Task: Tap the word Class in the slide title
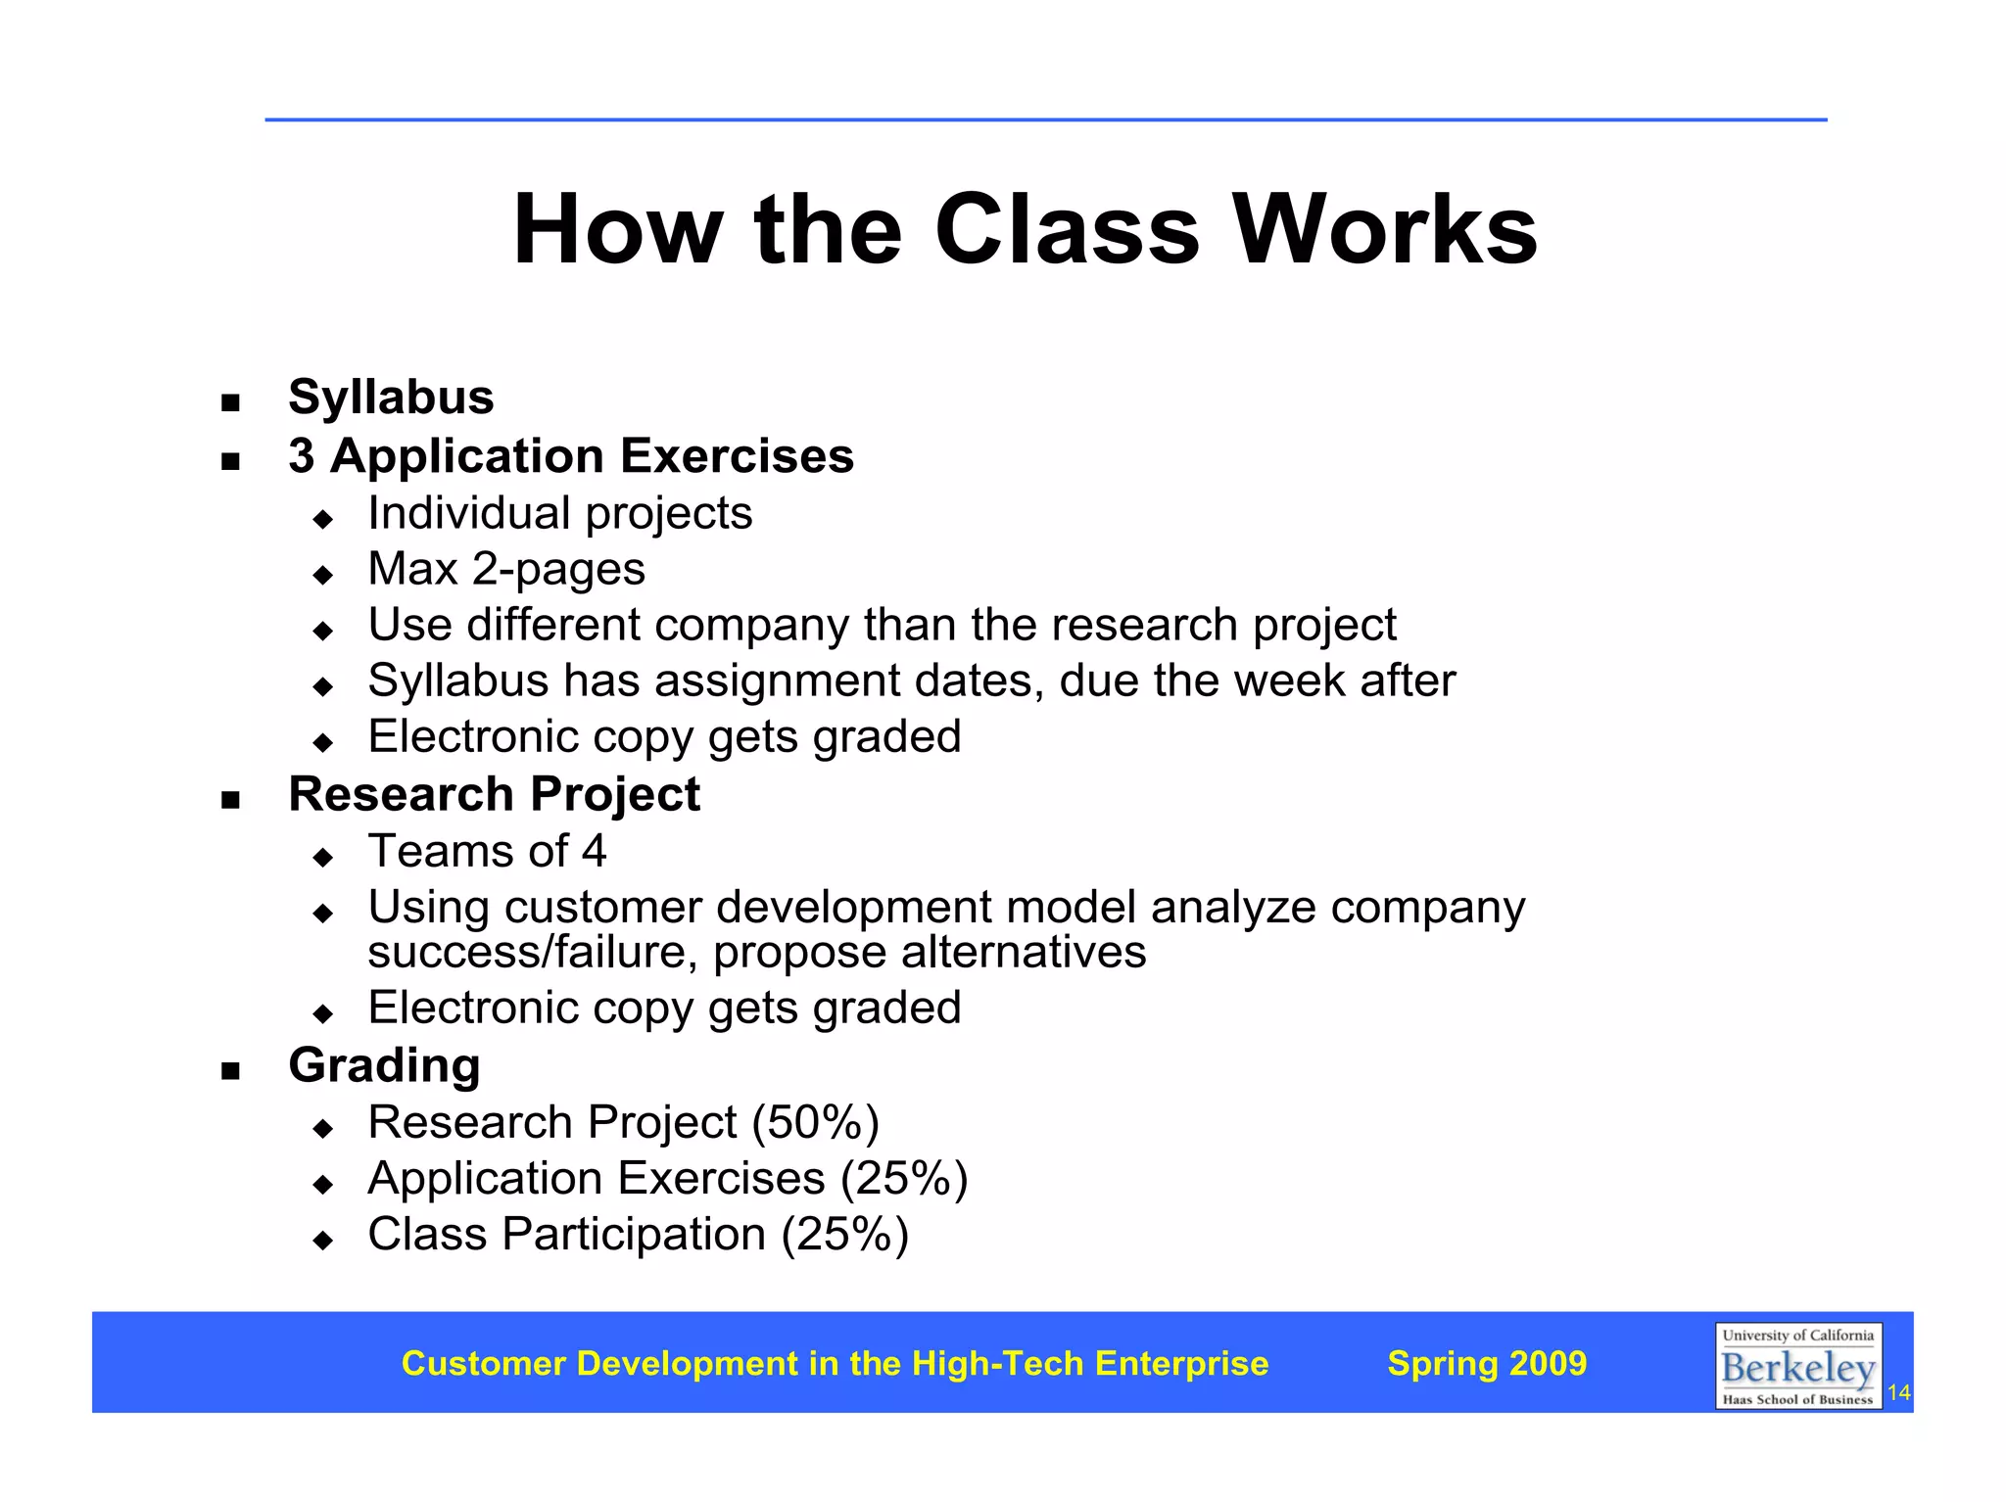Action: (x=1067, y=230)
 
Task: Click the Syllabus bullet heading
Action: (x=391, y=398)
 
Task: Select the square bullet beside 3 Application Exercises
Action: (x=230, y=461)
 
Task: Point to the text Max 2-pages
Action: (x=506, y=569)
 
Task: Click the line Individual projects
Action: (x=559, y=513)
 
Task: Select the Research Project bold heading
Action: (x=494, y=794)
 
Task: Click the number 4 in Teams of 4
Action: (x=594, y=851)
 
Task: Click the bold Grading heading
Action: (x=384, y=1065)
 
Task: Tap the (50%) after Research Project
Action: (x=815, y=1122)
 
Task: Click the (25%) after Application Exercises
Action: (x=904, y=1178)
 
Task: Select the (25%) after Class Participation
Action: (x=844, y=1234)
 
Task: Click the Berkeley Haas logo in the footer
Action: (x=1797, y=1367)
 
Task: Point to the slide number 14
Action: (x=1898, y=1392)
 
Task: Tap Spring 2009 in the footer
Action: (x=1487, y=1363)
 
